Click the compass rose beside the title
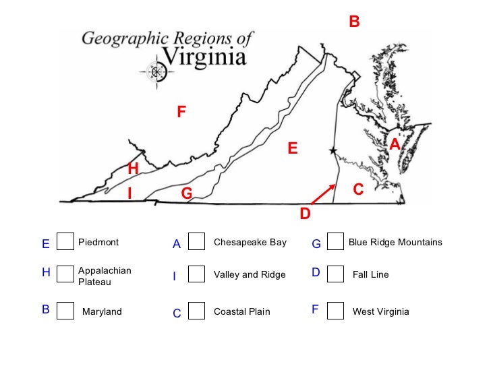157,71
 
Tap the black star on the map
332,151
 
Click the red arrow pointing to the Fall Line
323,193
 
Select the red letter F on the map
181,113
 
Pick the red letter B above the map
354,23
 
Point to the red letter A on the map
395,144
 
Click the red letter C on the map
358,191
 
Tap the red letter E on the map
293,148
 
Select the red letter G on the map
187,194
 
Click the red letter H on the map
133,168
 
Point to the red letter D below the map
305,214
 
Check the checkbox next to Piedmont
65,241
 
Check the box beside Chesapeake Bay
196,241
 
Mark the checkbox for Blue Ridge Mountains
335,241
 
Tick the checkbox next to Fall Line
335,274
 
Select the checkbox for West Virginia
335,310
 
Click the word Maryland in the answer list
102,311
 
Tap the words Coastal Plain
241,311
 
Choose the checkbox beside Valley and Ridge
196,274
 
